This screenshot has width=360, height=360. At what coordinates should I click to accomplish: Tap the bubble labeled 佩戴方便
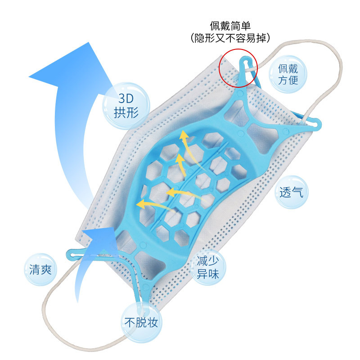(x=288, y=74)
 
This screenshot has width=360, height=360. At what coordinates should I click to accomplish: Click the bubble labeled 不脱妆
(x=140, y=322)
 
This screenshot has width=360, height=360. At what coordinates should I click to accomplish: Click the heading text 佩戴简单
(x=231, y=25)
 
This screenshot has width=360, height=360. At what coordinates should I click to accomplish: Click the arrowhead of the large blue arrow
(x=67, y=67)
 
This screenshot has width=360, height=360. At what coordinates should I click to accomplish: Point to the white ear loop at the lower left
(x=58, y=315)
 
